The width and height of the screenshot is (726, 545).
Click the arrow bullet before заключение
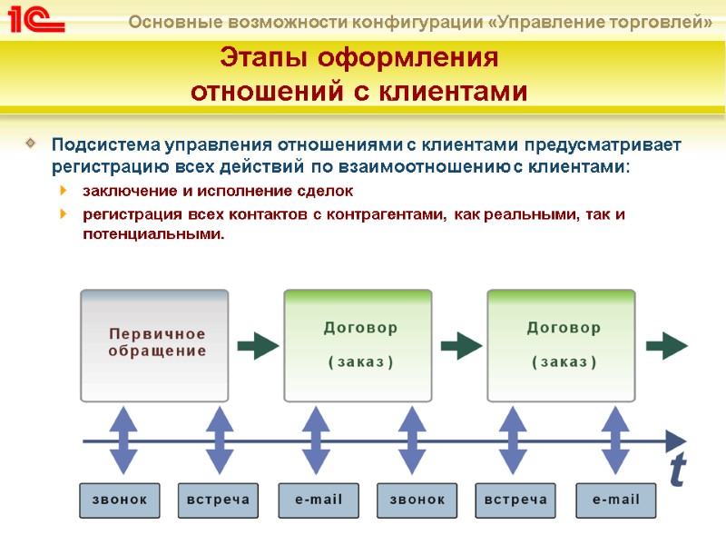click(62, 191)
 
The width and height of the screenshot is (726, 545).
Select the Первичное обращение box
click(154, 345)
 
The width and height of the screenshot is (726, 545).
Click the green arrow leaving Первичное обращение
click(259, 345)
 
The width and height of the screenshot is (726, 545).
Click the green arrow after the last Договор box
click(669, 345)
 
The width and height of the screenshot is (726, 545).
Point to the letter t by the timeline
click(678, 471)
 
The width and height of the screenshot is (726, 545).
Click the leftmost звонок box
click(119, 500)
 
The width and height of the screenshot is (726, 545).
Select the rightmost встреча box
click(515, 500)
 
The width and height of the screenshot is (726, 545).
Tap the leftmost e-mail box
click(318, 500)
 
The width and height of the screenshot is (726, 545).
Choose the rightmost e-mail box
click(615, 500)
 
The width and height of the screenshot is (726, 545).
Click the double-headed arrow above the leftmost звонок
click(123, 441)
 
